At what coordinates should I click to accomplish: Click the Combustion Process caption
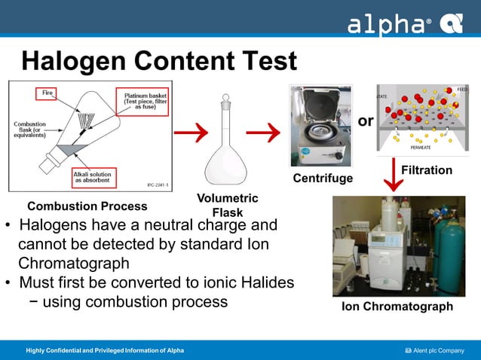[x=87, y=206]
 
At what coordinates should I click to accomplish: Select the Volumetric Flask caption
[x=227, y=205]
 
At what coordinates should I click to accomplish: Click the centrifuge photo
[x=320, y=126]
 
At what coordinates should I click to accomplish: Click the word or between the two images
[x=365, y=121]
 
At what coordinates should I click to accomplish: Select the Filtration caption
[x=426, y=171]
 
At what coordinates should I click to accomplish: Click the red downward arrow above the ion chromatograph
[x=394, y=175]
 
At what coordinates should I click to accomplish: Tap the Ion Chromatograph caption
[x=397, y=307]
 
